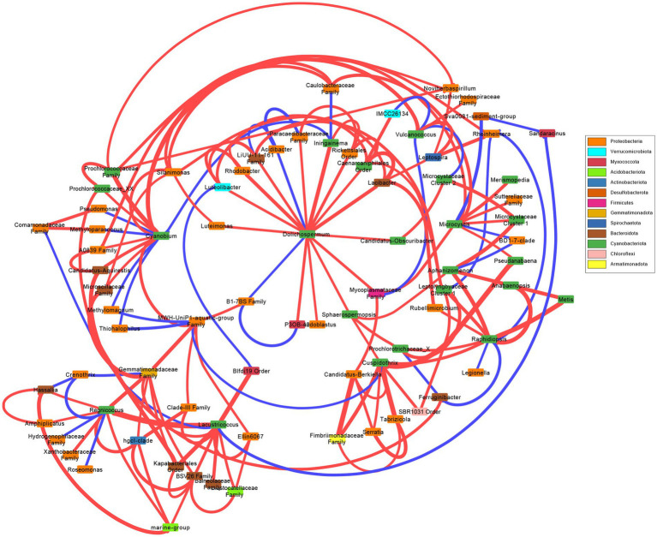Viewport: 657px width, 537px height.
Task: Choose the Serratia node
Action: [373, 432]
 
